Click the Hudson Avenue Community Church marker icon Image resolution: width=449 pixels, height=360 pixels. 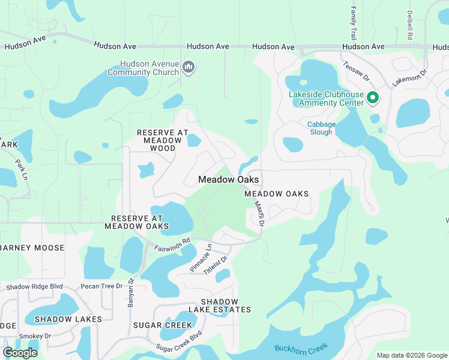(188, 67)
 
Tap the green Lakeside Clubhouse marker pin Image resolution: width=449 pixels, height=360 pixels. (373, 97)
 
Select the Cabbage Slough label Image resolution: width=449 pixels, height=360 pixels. (321, 128)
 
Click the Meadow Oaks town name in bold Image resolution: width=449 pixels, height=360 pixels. (229, 179)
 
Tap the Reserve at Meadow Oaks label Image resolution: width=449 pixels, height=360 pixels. (136, 222)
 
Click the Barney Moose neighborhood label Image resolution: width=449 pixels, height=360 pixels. (32, 248)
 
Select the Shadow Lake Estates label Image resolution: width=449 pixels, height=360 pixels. (220, 305)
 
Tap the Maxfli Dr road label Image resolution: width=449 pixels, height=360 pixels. (259, 212)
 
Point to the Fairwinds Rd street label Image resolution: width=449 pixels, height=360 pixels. (172, 244)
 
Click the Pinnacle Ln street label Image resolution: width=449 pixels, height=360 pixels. (201, 258)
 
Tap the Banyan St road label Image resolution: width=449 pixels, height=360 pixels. (130, 293)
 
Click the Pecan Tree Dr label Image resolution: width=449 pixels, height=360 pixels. (103, 286)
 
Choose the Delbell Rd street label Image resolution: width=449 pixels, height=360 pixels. (409, 25)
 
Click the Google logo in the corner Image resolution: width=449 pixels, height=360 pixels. (20, 353)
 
